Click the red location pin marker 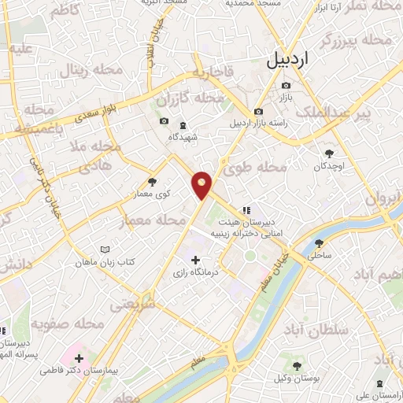(x=202, y=184)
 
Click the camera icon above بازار (x=286, y=85)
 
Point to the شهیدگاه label (x=183, y=137)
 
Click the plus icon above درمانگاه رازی (x=195, y=260)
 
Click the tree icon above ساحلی (x=319, y=242)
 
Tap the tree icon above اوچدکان (x=328, y=154)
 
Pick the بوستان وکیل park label (x=296, y=378)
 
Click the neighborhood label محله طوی (x=264, y=168)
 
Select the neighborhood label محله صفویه (x=78, y=324)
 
